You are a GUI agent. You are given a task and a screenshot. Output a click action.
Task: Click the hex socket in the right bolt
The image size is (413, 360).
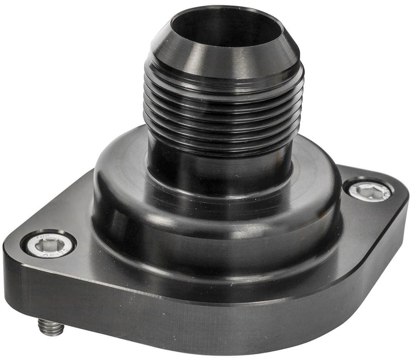[x=367, y=189]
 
